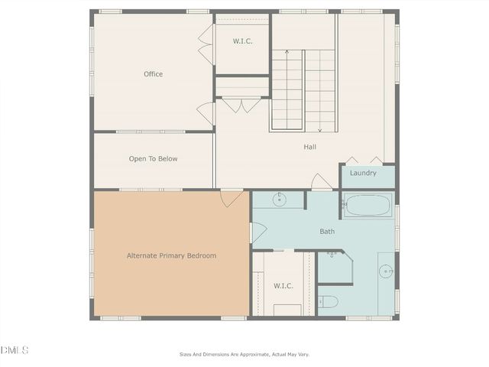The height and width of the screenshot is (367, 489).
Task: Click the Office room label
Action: click(x=153, y=74)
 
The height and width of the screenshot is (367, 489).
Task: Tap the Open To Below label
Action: click(x=153, y=159)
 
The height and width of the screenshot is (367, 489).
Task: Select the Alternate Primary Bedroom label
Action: click(x=171, y=255)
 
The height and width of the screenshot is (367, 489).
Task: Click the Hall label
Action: click(x=309, y=147)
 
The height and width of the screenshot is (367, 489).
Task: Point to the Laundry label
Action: click(x=363, y=173)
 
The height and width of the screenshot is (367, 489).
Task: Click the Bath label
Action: click(x=327, y=231)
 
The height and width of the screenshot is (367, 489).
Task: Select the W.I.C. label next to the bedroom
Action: click(x=283, y=285)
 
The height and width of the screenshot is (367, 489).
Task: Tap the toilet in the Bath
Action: click(x=328, y=301)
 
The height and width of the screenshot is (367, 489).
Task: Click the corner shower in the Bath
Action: click(x=333, y=266)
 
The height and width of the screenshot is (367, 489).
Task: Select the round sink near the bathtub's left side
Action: click(x=279, y=200)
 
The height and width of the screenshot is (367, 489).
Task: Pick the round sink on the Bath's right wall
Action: click(x=386, y=271)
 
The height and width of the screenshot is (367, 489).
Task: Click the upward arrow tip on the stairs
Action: click(x=287, y=51)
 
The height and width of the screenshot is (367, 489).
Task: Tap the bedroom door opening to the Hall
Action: click(x=232, y=197)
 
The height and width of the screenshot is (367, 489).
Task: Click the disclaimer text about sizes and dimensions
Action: click(x=244, y=354)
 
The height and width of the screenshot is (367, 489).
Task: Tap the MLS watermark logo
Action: click(x=15, y=350)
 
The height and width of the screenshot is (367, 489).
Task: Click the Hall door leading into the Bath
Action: click(x=322, y=183)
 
